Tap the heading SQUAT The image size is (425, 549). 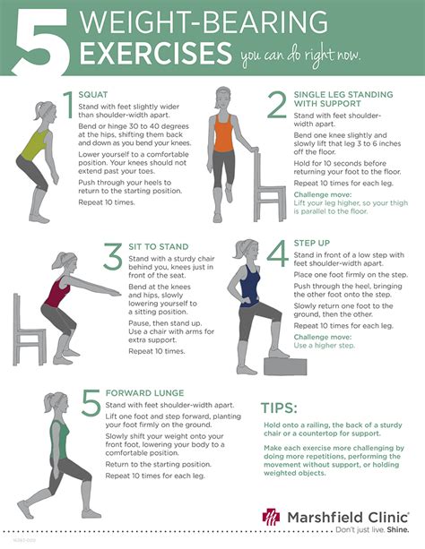point(92,95)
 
